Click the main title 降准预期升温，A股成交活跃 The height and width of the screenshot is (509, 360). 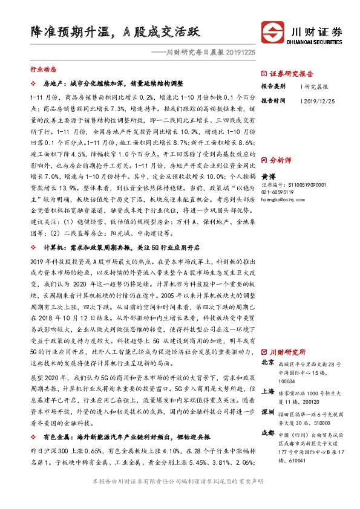114,32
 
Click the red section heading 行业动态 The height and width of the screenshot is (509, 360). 43,70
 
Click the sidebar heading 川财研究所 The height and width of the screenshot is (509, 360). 287,352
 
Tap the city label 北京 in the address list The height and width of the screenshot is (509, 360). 268,363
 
